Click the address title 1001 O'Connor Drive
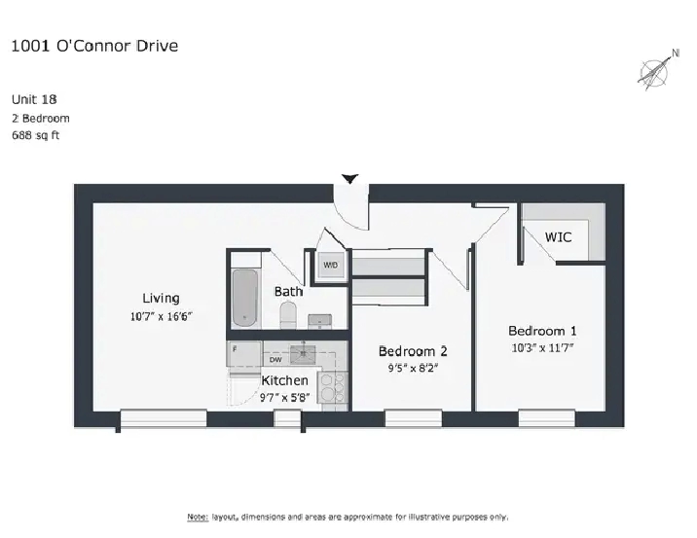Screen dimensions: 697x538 coord(94,46)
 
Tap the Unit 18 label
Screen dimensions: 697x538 coord(34,99)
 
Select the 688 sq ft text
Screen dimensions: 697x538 coord(36,135)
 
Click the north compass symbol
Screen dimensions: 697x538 coord(656,71)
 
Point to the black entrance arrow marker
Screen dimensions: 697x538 coord(349,179)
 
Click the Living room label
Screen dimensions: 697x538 coord(161,298)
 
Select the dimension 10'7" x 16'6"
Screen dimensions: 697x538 coord(161,316)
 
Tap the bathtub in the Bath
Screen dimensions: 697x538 coord(245,298)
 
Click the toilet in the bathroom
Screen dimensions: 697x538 coord(288,314)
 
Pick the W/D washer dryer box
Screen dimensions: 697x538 coord(330,266)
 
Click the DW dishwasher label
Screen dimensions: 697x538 coord(275,359)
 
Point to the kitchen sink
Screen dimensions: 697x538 coord(303,354)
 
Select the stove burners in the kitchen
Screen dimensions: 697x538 coord(333,387)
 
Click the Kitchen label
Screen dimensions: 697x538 coord(284,380)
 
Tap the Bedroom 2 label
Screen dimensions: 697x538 coord(413,351)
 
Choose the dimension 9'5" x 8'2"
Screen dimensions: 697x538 coord(413,368)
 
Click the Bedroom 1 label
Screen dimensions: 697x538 coord(542,331)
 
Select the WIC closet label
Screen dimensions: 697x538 coord(559,236)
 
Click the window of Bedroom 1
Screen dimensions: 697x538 coord(547,418)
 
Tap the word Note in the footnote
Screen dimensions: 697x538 coord(198,518)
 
